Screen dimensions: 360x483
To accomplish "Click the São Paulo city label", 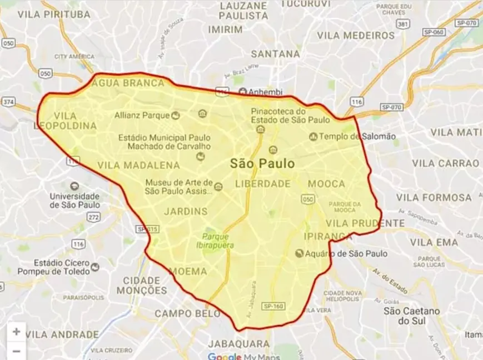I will point(262,164).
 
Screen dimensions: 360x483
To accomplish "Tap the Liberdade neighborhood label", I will point(263,183).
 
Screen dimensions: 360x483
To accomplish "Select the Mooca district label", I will point(326,183).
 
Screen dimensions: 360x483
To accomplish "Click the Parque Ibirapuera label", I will point(218,240).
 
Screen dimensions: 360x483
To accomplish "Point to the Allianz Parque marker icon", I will point(176,116).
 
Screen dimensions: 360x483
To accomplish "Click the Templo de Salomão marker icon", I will point(313,136).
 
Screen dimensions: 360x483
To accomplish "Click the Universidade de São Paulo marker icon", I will point(74,186).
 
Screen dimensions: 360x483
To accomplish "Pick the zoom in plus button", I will point(16,332).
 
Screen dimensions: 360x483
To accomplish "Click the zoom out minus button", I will point(16,351).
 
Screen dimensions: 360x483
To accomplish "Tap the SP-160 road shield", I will point(274,306).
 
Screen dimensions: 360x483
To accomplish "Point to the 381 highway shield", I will point(404,24).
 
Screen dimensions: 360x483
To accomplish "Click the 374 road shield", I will point(8,102).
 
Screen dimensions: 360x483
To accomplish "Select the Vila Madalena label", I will point(138,165).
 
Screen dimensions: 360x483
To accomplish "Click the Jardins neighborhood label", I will point(186,211).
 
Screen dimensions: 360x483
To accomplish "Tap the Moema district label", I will point(188,271).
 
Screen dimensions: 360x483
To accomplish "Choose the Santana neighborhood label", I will point(276,54).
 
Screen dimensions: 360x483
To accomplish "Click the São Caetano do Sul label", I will point(411,316).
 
